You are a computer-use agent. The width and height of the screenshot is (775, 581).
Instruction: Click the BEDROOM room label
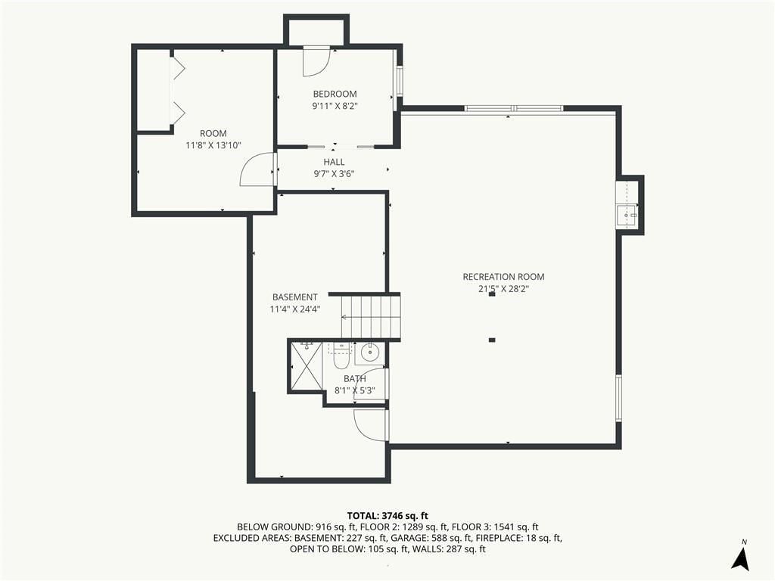[x=335, y=94]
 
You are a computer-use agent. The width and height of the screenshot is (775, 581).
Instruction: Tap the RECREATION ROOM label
[x=503, y=277]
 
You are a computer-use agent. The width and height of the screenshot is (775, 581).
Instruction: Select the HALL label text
[x=334, y=162]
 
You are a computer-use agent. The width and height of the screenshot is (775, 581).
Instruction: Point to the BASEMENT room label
[x=295, y=297]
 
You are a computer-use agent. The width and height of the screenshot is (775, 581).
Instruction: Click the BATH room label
[x=355, y=379]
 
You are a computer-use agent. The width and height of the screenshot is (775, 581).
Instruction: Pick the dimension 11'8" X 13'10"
[x=213, y=145]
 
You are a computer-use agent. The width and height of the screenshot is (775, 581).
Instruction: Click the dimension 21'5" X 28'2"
[x=503, y=289]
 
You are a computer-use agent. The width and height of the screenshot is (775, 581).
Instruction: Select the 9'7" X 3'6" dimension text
[x=334, y=174]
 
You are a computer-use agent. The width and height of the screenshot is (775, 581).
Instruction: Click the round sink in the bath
[x=369, y=353]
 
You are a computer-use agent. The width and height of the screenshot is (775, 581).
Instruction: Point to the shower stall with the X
[x=307, y=366]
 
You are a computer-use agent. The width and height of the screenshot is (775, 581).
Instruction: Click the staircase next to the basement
[x=371, y=317]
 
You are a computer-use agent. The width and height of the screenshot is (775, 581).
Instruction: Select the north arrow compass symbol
[x=740, y=556]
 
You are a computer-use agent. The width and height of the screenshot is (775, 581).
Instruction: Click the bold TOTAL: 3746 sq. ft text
[x=387, y=516]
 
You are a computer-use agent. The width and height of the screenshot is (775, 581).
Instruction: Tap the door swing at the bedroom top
[x=316, y=61]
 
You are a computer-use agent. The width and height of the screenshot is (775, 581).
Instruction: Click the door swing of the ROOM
[x=257, y=169]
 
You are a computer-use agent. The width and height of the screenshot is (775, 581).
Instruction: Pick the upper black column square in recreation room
[x=492, y=294]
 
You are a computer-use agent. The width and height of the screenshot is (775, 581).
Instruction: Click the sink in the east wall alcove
[x=627, y=216]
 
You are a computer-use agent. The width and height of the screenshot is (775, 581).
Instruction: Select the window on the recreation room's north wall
[x=514, y=108]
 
